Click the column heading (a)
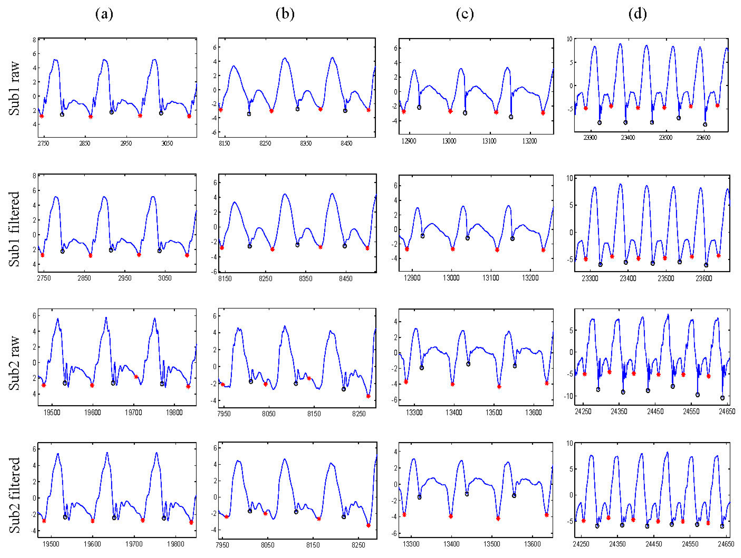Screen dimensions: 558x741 click(x=104, y=14)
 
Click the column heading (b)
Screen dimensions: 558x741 click(x=285, y=14)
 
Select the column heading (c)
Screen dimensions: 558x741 click(x=465, y=14)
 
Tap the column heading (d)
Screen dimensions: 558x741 click(x=638, y=14)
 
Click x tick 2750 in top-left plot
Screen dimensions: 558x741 click(x=43, y=143)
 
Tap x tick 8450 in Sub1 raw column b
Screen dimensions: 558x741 click(x=346, y=143)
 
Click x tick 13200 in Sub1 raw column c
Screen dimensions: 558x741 click(x=529, y=141)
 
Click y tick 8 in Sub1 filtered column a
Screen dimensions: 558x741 click(x=34, y=176)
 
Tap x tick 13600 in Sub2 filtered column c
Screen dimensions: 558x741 click(x=532, y=544)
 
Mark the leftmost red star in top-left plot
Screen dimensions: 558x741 click(x=42, y=116)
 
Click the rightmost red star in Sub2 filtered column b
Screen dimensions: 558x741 click(x=369, y=526)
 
